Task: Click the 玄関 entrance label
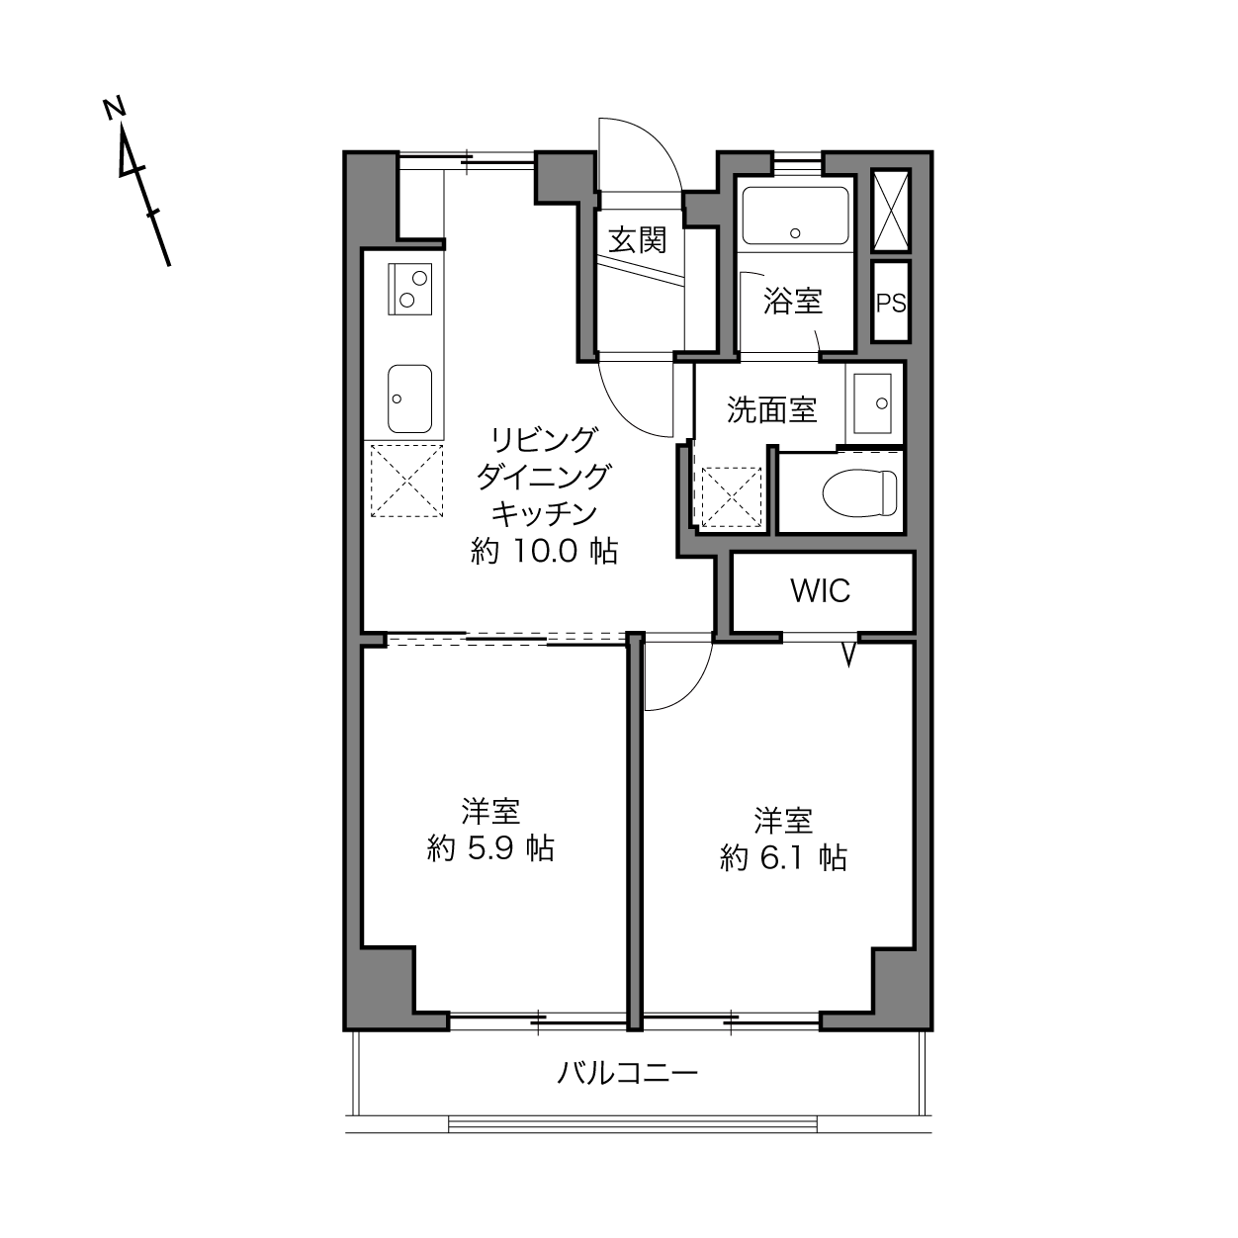pos(638,240)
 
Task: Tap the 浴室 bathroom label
pos(793,300)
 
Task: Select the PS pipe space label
pos(891,303)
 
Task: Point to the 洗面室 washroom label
pos(771,409)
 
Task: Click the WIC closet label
pos(821,590)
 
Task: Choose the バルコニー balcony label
pos(627,1072)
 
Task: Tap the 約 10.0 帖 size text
pos(544,551)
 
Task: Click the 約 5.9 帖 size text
pos(490,848)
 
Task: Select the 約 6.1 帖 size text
pos(783,857)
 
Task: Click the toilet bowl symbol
pos(859,492)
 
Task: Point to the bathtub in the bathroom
pos(795,216)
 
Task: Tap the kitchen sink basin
pos(410,398)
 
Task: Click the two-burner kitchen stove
pos(410,289)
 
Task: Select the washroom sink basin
pos(872,403)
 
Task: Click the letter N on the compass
pos(115,109)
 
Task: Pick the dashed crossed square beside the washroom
pos(731,497)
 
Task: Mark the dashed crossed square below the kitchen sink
pos(406,481)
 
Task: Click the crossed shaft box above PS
pos(891,210)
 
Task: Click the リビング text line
pos(544,440)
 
